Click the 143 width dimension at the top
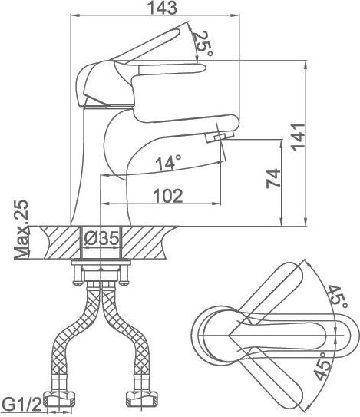click(162, 7)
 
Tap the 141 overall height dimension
click(299, 137)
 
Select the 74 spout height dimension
click(273, 179)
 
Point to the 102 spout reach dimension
click(168, 196)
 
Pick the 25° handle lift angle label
click(202, 43)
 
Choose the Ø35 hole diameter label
click(101, 239)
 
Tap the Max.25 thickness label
click(21, 230)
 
